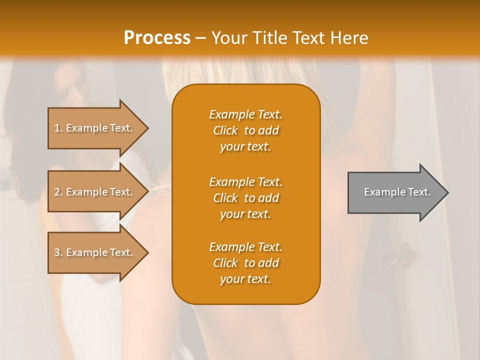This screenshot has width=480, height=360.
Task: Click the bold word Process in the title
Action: (x=157, y=38)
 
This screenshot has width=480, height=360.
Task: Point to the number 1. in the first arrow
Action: (x=58, y=128)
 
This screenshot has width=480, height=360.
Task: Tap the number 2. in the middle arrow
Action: (x=58, y=192)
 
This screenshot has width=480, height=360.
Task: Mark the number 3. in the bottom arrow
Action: (x=58, y=252)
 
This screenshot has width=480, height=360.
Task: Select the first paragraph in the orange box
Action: (x=245, y=130)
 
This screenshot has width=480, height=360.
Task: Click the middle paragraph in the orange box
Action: (x=245, y=198)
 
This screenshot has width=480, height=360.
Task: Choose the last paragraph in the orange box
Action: (x=245, y=263)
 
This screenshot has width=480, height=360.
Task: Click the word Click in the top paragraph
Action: (x=225, y=130)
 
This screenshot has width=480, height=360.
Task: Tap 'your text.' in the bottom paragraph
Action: (x=245, y=279)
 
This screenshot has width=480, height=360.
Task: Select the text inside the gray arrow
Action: (x=397, y=192)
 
